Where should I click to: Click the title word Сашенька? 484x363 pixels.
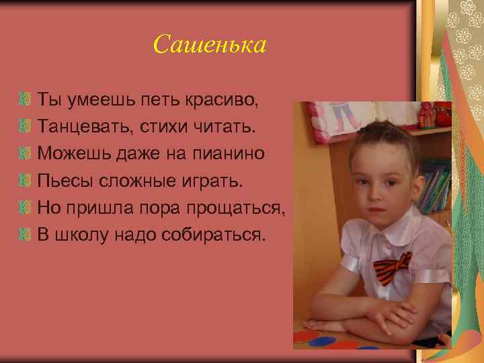(210, 45)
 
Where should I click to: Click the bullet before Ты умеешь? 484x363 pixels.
(26, 101)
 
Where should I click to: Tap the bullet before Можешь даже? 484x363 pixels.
(26, 155)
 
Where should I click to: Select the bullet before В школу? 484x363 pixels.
(26, 235)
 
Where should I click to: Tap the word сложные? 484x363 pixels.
(132, 181)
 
